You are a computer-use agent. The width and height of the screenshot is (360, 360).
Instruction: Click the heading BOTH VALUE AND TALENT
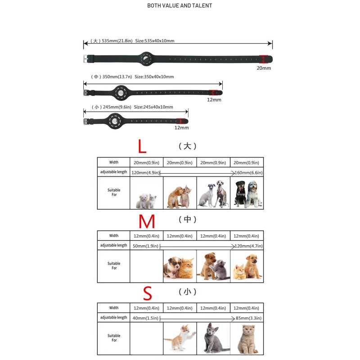point(180,6)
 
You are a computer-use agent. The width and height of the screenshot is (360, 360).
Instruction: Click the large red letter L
point(142,146)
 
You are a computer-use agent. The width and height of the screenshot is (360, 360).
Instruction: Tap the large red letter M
point(147,221)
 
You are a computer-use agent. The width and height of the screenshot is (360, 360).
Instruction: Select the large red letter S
point(147,293)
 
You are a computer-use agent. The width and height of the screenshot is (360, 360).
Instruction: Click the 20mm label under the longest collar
point(264,68)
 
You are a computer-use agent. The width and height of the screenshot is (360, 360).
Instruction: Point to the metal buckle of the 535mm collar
point(86,58)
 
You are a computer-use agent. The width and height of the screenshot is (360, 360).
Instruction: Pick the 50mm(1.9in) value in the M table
point(145,246)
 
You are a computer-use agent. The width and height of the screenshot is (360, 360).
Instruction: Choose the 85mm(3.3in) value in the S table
point(248,319)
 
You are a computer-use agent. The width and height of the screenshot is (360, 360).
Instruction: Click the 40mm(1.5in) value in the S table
point(145,319)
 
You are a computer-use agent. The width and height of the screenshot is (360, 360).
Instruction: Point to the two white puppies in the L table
point(146,200)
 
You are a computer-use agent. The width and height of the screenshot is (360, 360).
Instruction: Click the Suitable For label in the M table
point(114,266)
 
